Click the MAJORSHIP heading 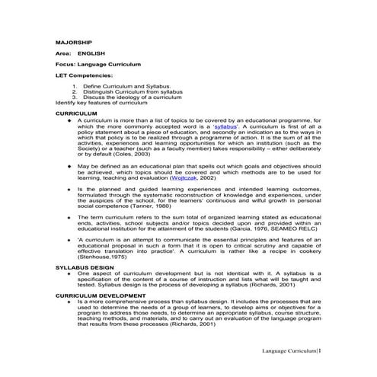[74, 42]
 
